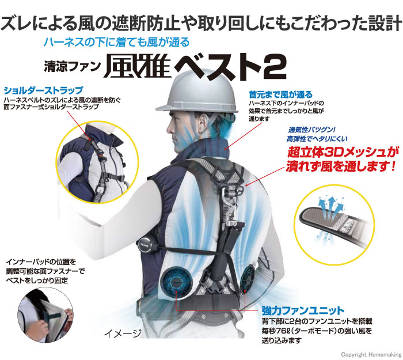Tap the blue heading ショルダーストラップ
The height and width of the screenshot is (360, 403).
pyautogui.click(x=43, y=90)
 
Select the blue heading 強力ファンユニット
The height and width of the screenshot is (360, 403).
pyautogui.click(x=303, y=310)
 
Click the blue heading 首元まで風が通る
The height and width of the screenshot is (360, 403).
pyautogui.click(x=281, y=94)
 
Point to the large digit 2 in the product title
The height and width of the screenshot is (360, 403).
pyautogui.click(x=275, y=67)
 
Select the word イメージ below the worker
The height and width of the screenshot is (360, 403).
pyautogui.click(x=123, y=334)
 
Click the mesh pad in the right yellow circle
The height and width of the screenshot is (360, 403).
pyautogui.click(x=334, y=223)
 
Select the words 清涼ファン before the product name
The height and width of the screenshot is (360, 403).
pyautogui.click(x=72, y=67)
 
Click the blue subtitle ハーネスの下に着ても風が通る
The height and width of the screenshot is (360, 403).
pyautogui.click(x=116, y=41)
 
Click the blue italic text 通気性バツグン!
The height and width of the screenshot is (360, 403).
pyautogui.click(x=312, y=130)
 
